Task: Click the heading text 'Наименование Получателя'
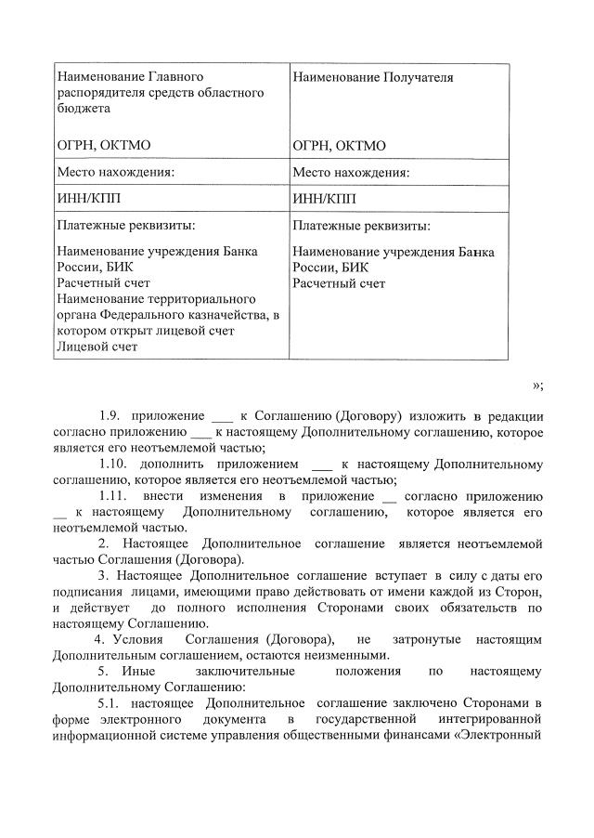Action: tap(372, 78)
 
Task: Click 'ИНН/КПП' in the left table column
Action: tap(89, 199)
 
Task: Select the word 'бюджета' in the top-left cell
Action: tap(83, 108)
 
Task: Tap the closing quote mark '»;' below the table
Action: tap(537, 386)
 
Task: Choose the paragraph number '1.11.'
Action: tap(113, 495)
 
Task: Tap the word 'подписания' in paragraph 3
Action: tap(87, 592)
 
